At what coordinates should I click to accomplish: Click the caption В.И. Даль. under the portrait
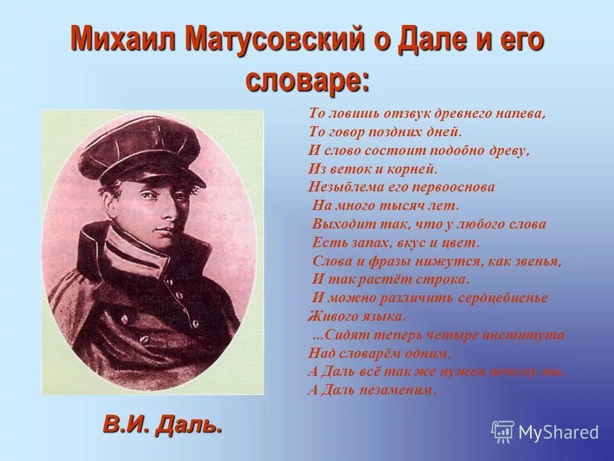(162, 425)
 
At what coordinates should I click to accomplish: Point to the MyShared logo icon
(503, 432)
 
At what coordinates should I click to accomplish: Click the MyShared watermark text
(558, 433)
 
